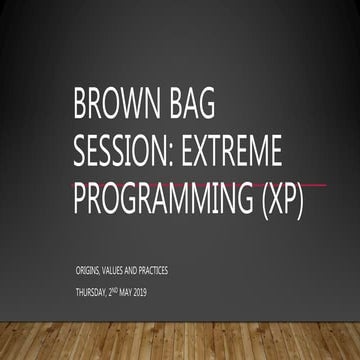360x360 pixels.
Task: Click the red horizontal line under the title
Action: [320, 185]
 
